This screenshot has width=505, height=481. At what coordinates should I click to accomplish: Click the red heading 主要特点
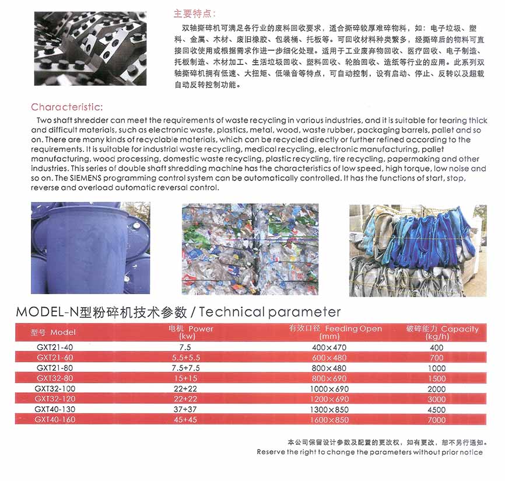click(195, 13)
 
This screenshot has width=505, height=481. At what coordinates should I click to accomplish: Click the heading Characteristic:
click(67, 107)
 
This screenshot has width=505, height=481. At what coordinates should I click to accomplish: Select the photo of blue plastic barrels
click(90, 248)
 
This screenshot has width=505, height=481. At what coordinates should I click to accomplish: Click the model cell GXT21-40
click(55, 347)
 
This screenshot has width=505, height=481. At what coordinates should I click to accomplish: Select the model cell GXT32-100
click(55, 389)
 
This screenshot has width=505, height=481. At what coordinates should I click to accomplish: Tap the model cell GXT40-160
click(55, 420)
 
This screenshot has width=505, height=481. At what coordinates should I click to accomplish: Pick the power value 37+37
click(185, 409)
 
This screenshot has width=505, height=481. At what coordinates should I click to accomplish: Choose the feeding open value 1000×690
click(329, 389)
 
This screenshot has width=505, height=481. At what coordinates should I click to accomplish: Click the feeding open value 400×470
click(329, 347)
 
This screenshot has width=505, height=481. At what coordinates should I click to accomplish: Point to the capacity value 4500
click(436, 409)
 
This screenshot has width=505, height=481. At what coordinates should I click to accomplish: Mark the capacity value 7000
click(436, 420)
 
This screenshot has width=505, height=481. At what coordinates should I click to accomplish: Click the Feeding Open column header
click(335, 332)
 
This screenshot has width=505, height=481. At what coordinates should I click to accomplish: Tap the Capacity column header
click(442, 332)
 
